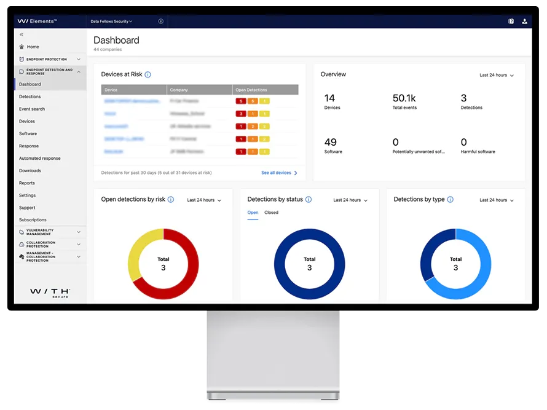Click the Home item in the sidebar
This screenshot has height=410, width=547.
[33, 47]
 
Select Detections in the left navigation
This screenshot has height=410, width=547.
[30, 97]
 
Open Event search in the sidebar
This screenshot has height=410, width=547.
[32, 109]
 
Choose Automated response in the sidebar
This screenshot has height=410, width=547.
[39, 158]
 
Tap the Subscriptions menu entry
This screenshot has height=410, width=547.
[33, 219]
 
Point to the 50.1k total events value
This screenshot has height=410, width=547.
[404, 98]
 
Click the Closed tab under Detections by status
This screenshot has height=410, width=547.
[271, 213]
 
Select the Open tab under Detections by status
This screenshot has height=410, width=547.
[253, 213]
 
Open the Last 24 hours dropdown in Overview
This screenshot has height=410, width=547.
[497, 75]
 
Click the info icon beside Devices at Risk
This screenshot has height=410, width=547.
[148, 75]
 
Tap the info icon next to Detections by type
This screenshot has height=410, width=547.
[450, 200]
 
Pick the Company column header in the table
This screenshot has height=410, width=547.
[179, 90]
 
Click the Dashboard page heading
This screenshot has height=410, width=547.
[116, 41]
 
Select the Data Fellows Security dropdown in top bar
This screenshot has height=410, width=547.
[111, 22]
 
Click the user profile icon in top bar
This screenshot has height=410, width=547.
[524, 22]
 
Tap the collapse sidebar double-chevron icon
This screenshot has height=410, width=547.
[22, 34]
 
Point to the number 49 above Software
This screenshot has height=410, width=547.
[330, 142]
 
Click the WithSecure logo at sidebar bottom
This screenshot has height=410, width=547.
[50, 292]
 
